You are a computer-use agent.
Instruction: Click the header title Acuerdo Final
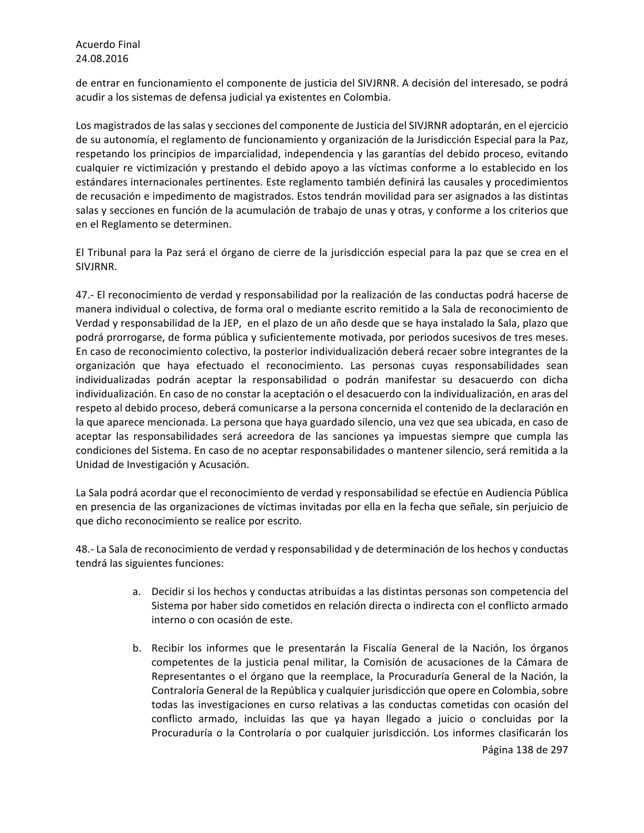(x=108, y=45)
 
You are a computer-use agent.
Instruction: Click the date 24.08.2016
(x=102, y=59)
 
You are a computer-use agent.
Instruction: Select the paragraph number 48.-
(x=84, y=549)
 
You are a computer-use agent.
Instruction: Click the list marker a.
(x=136, y=592)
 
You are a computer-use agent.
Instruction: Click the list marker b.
(x=136, y=648)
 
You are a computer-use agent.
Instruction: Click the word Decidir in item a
(x=167, y=592)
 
